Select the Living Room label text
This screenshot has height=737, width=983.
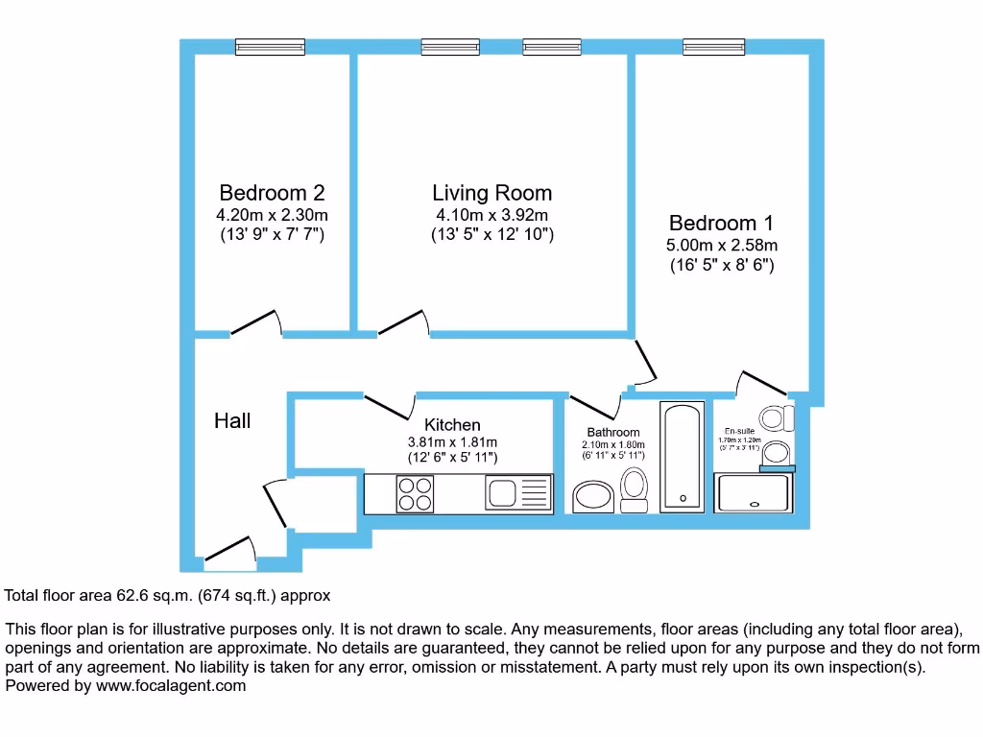tap(491, 193)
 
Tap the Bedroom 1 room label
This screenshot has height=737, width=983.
tap(721, 223)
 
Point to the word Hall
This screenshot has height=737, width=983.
tap(232, 420)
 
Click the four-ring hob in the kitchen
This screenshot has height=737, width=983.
tap(415, 494)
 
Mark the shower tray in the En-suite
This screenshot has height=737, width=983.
tap(755, 493)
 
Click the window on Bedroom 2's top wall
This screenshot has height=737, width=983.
tap(267, 46)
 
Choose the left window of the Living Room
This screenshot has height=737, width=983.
tap(450, 46)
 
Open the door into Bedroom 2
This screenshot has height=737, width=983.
tap(255, 323)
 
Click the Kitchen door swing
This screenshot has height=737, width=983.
tap(389, 403)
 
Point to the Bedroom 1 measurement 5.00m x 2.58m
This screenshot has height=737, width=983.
tap(721, 246)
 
